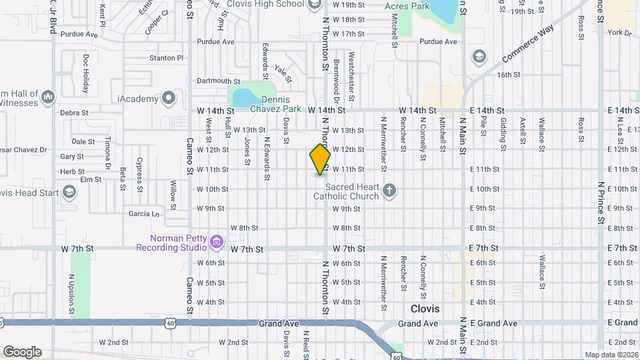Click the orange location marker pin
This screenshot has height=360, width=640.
[320, 159]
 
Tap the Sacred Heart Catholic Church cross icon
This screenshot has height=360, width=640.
[390, 192]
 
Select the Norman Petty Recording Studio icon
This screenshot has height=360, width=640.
[216, 242]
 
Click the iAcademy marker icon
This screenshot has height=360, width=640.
[169, 99]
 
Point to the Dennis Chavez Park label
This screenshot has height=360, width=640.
[270, 105]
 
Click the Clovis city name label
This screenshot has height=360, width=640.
[425, 309]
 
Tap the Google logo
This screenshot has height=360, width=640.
[22, 351]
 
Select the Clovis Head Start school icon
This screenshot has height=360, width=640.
[68, 193]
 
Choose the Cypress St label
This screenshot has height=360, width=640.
[139, 171]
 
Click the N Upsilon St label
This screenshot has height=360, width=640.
[72, 293]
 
